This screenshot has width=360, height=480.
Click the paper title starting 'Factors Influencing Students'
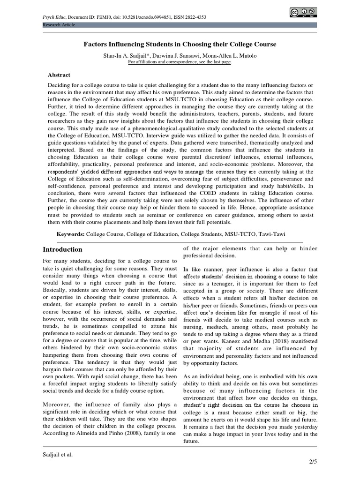click(180, 44)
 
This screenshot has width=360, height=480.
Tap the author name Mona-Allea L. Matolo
click(229, 55)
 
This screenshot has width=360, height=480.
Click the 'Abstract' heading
click(59, 75)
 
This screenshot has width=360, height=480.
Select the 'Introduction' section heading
click(62, 249)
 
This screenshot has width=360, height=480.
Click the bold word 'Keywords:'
click(70, 233)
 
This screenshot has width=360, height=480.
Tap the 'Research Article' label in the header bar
click(58, 24)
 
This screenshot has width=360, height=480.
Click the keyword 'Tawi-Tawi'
click(272, 233)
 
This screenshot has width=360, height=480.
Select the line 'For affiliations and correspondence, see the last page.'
click(180, 62)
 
